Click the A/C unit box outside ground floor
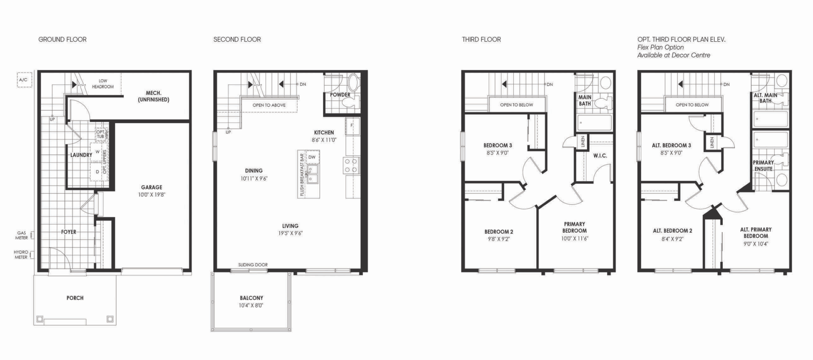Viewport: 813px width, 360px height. point(24,80)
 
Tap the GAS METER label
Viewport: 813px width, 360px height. point(22,235)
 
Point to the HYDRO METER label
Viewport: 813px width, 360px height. point(21,255)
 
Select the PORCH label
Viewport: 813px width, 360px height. point(75,298)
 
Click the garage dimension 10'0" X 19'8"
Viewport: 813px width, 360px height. point(151,195)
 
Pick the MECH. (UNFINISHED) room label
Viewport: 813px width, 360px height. point(153,96)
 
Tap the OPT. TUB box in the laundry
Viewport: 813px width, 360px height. point(101,134)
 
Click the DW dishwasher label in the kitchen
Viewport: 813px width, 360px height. point(312,157)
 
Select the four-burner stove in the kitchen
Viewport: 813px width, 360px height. point(351,165)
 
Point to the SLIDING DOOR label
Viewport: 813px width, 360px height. point(253,265)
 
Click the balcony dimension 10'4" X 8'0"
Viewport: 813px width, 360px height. point(251,306)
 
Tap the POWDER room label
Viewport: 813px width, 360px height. point(340,95)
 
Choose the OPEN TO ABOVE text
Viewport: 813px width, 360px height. point(269,105)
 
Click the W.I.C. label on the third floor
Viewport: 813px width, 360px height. point(600,156)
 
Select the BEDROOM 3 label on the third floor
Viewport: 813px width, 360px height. point(498,145)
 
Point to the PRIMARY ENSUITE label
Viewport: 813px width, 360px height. point(763,166)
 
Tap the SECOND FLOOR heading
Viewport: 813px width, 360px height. point(237,39)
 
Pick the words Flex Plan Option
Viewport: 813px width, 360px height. point(661,47)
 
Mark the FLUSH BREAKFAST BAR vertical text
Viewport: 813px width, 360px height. point(302,174)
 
